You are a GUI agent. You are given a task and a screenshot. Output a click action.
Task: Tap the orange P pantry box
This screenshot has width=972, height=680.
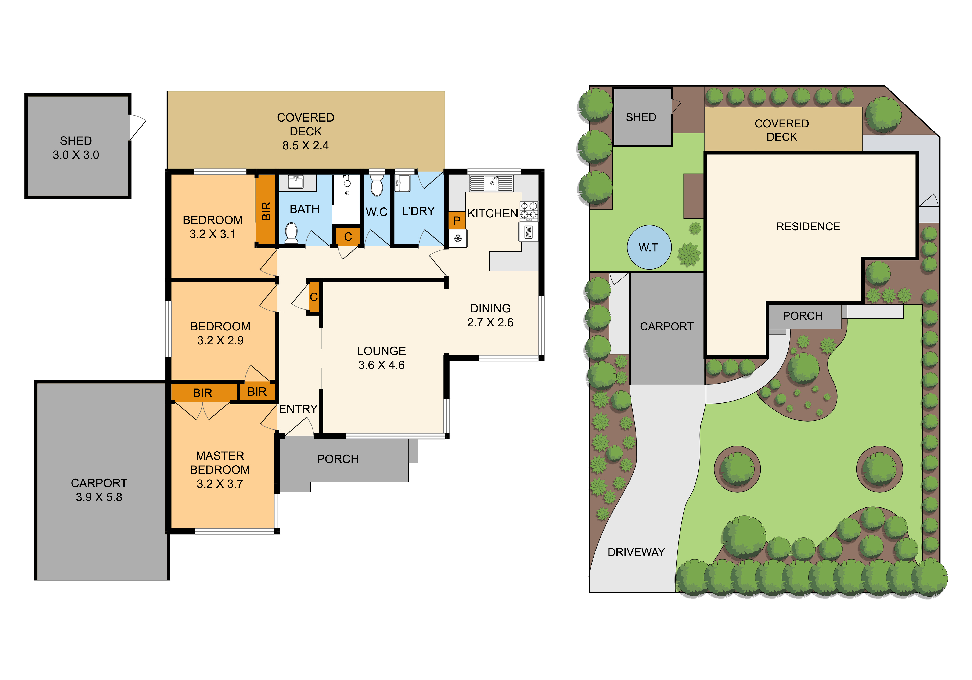coord(457,220)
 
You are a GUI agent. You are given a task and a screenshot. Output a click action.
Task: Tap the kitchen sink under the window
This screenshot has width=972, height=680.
coord(491,183)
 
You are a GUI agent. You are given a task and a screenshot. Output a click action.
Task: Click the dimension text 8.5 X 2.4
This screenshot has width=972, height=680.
coord(306,146)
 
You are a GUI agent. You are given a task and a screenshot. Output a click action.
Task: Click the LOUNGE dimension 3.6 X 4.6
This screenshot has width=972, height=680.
coord(381,365)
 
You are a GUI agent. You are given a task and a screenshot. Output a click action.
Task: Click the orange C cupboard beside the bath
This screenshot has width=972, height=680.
coord(348,236)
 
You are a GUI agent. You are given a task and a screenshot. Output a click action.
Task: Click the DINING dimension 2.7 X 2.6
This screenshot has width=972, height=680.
coord(490,322)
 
